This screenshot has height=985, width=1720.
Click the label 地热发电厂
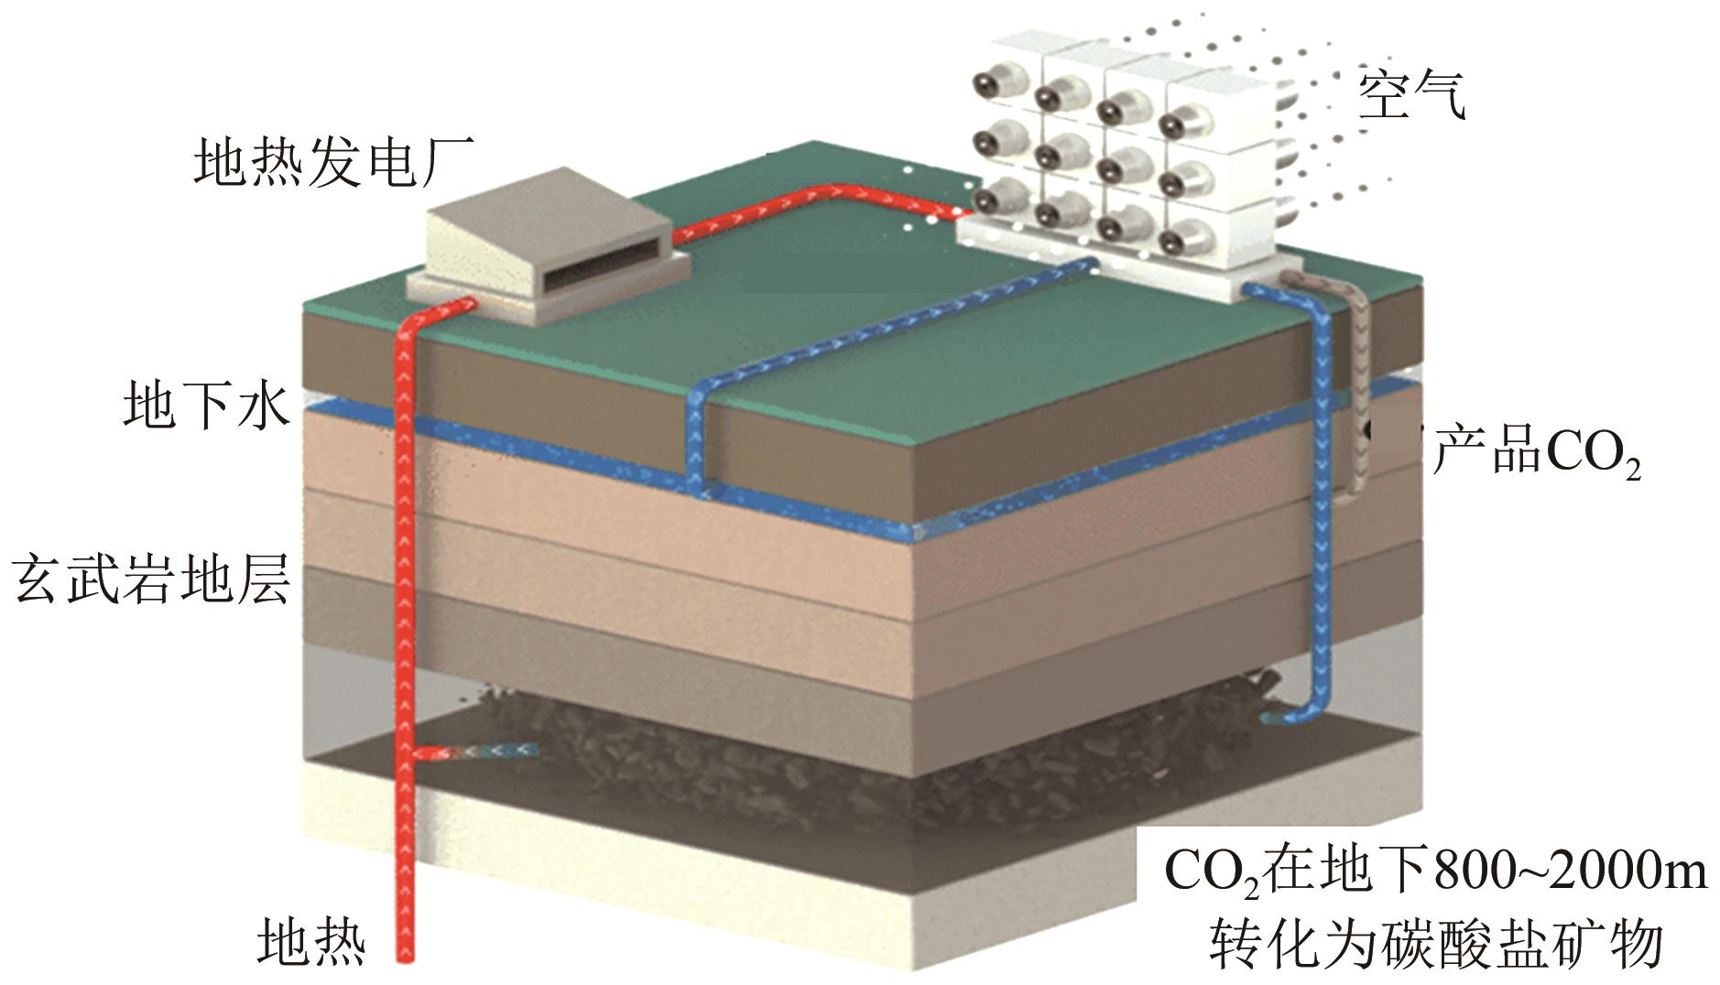(333, 162)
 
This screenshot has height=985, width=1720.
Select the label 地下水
(207, 406)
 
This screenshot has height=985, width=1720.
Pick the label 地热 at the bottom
(311, 942)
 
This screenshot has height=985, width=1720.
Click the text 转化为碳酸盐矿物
(1435, 945)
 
